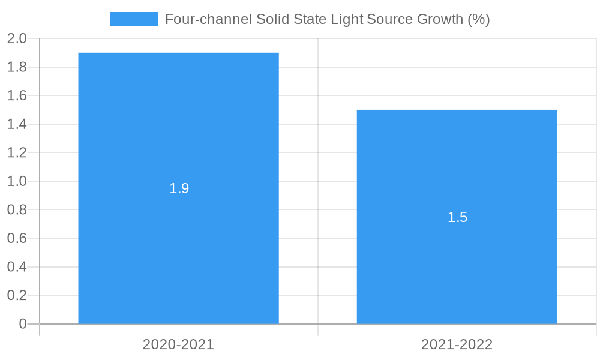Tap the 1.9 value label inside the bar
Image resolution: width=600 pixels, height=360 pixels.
click(179, 188)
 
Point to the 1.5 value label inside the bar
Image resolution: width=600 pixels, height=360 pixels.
click(457, 217)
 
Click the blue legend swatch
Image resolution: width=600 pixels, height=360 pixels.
click(133, 19)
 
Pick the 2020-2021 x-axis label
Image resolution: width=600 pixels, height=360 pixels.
click(178, 344)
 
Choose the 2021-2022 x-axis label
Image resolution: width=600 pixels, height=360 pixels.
click(457, 344)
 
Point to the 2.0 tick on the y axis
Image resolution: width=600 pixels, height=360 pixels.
click(17, 39)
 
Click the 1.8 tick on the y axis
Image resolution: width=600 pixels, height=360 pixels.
click(17, 67)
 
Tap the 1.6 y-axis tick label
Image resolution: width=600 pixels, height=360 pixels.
click(17, 96)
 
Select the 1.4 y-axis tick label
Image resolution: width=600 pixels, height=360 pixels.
click(17, 124)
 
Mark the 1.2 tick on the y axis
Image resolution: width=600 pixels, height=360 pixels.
click(17, 153)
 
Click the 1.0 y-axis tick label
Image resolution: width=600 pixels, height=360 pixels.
click(17, 181)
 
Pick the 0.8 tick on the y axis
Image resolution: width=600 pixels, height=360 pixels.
click(17, 210)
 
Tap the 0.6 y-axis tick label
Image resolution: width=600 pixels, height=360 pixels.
click(17, 238)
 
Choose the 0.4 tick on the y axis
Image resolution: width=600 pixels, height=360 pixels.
click(17, 267)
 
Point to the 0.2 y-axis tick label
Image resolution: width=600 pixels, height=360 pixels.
click(17, 295)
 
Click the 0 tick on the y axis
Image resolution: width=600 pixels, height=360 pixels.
click(23, 324)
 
